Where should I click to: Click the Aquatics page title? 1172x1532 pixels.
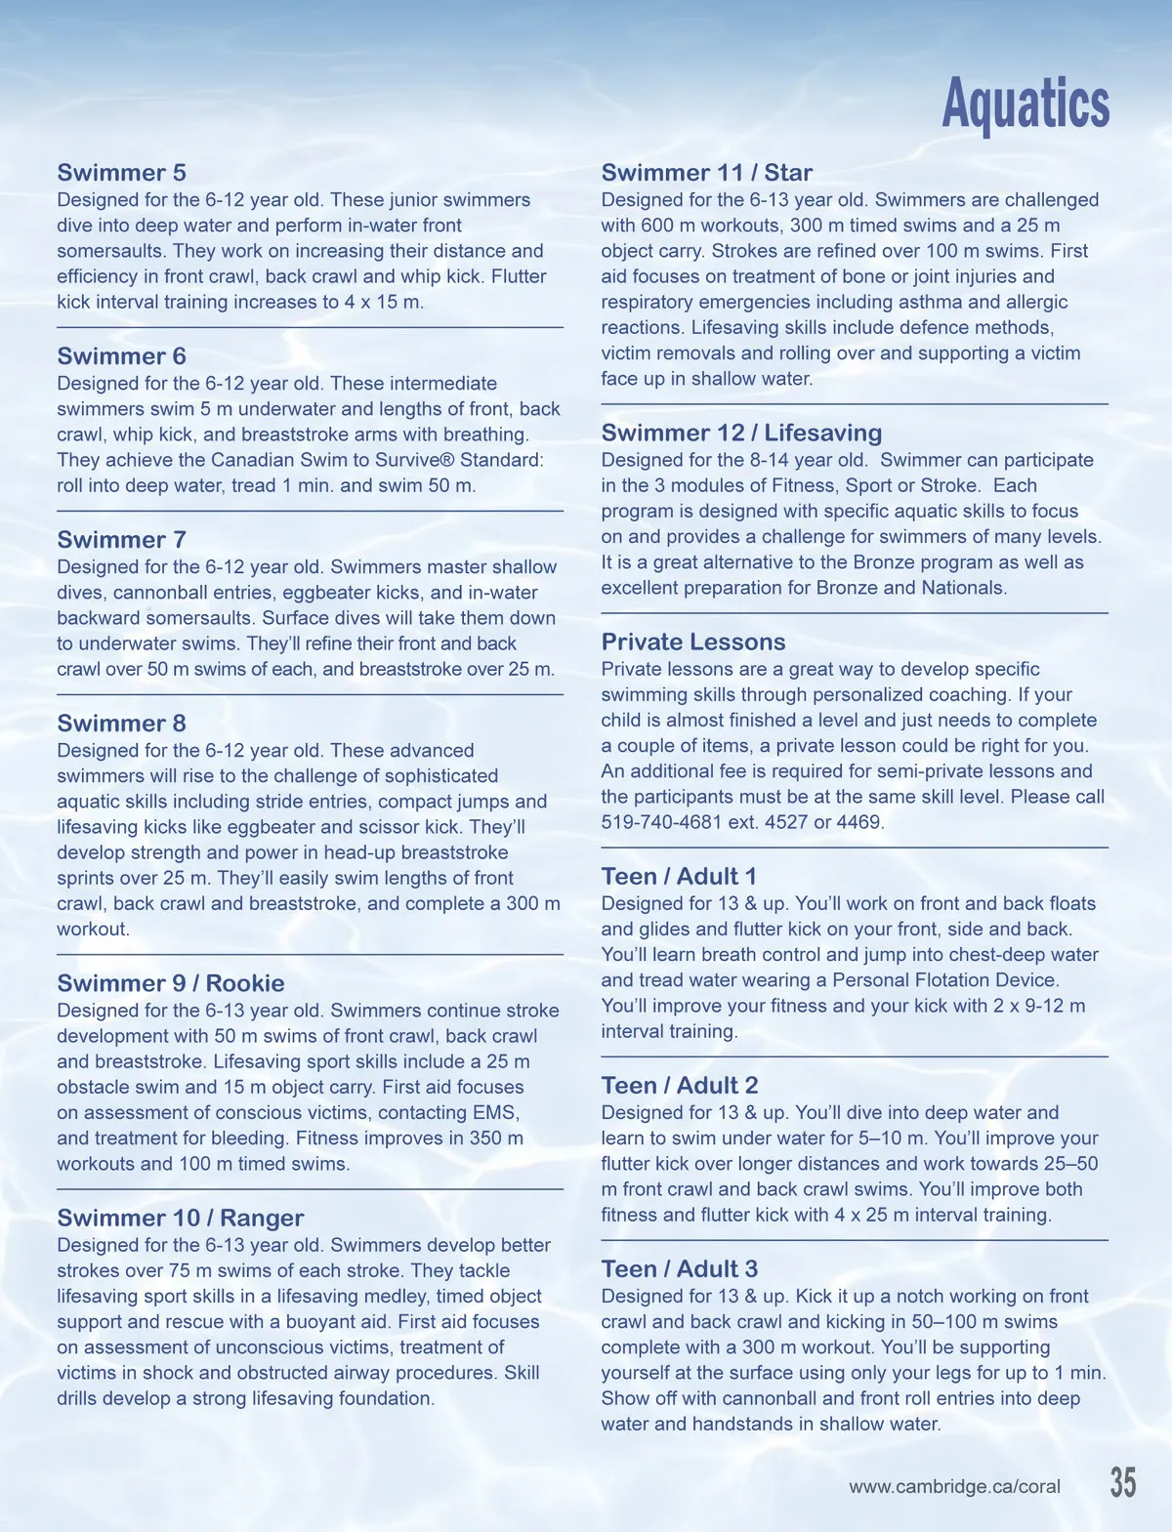click(1025, 104)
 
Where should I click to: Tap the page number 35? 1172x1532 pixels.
click(1123, 1482)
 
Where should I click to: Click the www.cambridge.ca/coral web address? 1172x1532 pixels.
click(954, 1487)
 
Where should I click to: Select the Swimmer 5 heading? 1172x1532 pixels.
click(121, 173)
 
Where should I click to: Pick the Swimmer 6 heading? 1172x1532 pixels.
click(121, 356)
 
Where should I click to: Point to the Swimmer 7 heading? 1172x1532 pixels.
click(121, 540)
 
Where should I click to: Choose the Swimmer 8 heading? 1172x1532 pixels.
click(121, 724)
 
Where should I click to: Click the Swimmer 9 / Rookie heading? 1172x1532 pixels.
click(171, 983)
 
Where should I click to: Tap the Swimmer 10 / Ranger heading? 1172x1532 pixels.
click(181, 1218)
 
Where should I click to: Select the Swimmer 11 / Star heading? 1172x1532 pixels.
click(706, 173)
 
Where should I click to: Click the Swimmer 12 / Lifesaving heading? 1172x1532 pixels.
click(741, 433)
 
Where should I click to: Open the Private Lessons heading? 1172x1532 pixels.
click(693, 642)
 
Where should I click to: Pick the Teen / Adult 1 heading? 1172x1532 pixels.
click(679, 876)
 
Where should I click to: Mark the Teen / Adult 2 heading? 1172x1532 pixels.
click(680, 1085)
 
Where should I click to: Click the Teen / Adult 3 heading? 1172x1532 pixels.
click(680, 1268)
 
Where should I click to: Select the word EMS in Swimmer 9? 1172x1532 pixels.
click(497, 1113)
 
